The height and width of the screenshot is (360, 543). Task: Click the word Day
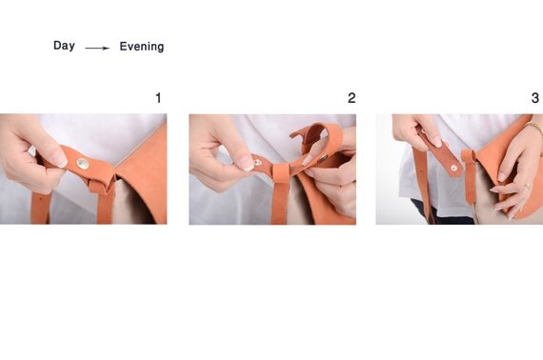(x=64, y=46)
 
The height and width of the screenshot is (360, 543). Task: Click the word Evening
(x=142, y=47)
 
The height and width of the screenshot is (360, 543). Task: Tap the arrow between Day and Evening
(x=97, y=49)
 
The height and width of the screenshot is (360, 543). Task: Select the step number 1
(x=158, y=98)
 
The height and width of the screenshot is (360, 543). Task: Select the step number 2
(x=352, y=98)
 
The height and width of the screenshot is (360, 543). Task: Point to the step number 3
(x=535, y=98)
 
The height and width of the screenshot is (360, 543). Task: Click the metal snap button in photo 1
(x=83, y=164)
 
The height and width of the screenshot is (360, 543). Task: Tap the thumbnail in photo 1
(x=59, y=158)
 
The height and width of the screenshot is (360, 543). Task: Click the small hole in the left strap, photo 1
(x=41, y=199)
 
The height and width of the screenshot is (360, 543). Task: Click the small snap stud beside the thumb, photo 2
(x=257, y=162)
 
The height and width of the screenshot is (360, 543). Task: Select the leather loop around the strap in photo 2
(x=280, y=173)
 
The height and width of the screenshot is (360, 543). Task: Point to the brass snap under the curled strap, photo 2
(x=323, y=158)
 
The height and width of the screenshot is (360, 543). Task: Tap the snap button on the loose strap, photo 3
(x=453, y=169)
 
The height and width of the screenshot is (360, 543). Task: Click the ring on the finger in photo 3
(x=528, y=187)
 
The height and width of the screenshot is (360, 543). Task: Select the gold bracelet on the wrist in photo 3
(x=534, y=128)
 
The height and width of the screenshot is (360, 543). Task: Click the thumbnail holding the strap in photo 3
(x=435, y=141)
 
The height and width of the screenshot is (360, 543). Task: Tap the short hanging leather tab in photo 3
(x=470, y=175)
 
